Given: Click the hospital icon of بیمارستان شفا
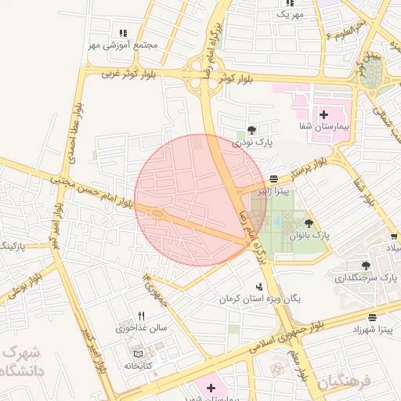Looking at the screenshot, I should (x=323, y=115).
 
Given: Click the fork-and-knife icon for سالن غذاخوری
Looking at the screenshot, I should (x=142, y=316).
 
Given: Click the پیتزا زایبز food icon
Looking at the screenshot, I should (x=273, y=179).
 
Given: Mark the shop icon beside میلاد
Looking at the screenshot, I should (x=393, y=237).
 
